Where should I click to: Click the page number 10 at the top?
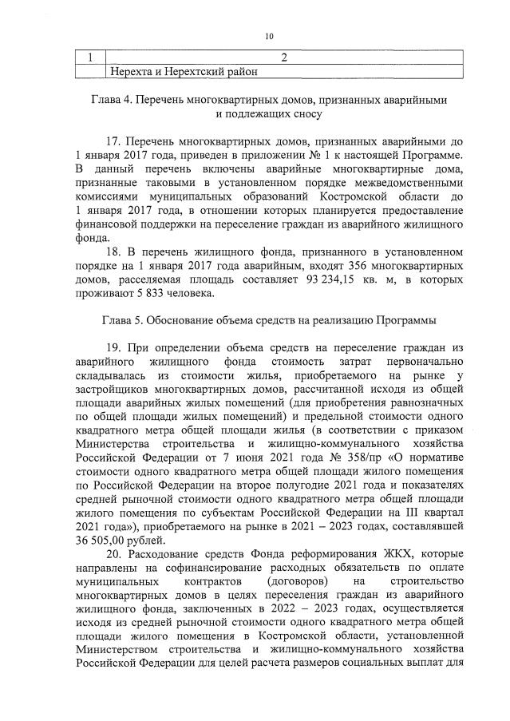[269, 36]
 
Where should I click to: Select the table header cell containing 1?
[91, 57]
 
